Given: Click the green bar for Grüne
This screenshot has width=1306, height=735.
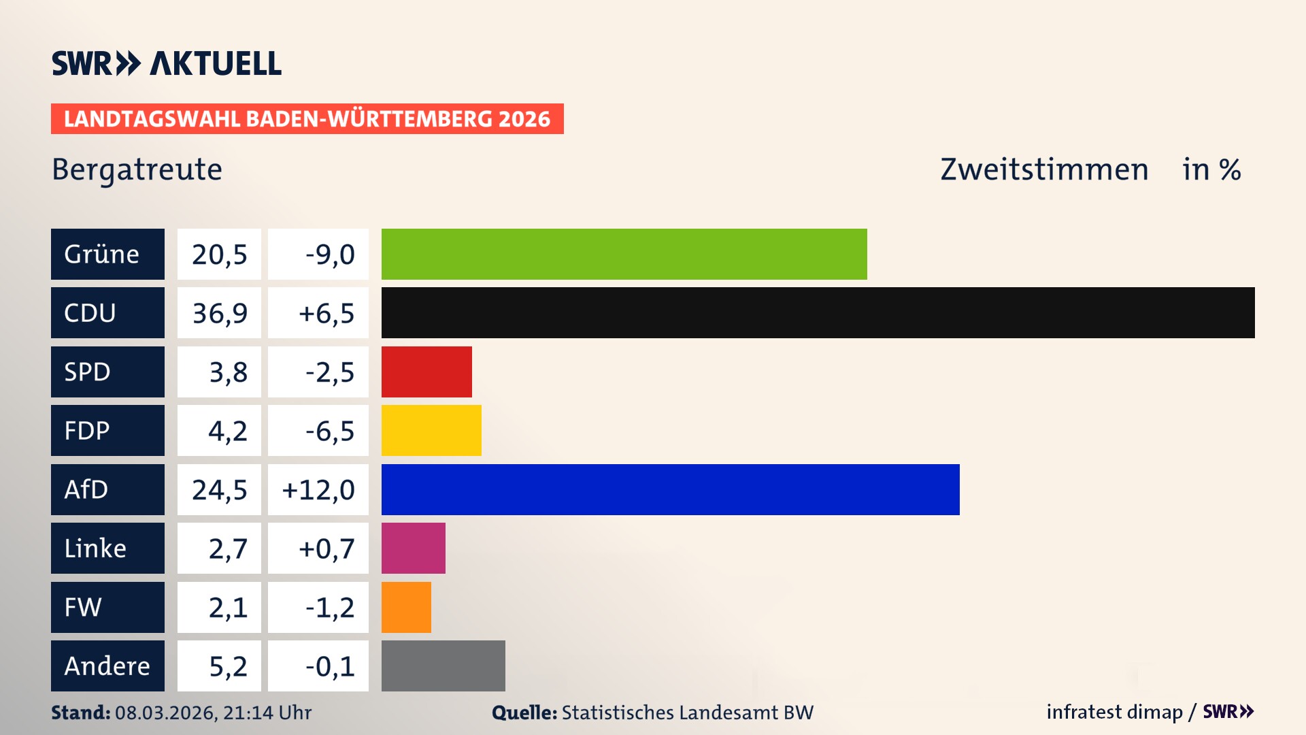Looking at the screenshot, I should point(624,254).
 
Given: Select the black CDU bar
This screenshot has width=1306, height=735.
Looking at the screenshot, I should point(818,312).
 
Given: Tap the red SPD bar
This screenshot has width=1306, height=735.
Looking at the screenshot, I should point(426,372).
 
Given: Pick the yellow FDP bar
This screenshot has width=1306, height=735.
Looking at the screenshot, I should point(431,430).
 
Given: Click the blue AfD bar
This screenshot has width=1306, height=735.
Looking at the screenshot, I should point(670,489).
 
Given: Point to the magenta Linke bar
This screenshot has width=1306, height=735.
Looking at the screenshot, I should point(413,548).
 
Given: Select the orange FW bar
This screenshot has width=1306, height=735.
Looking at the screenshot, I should point(406,607).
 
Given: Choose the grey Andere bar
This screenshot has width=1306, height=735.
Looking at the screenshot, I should point(443,666).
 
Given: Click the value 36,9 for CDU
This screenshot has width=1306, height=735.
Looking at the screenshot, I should point(219,313).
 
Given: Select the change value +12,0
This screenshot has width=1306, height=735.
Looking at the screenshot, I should point(318,490).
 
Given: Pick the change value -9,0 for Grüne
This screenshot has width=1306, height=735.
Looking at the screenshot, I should point(329,255).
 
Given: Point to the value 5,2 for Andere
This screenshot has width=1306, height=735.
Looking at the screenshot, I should point(227,666).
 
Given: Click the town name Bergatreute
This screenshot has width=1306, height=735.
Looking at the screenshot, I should point(137,169).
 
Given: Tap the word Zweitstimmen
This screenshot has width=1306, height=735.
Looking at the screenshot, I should point(1044,169).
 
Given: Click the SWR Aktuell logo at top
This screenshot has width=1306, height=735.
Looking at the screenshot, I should point(167,63).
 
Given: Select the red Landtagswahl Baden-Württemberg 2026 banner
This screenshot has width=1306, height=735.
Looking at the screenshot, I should point(307,118).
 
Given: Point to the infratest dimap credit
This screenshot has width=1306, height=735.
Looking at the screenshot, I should point(1114,712).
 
